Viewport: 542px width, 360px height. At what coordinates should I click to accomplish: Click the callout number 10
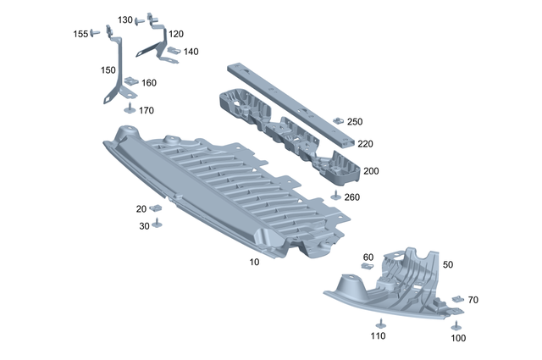[254, 263]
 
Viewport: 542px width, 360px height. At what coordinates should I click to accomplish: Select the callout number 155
[80, 34]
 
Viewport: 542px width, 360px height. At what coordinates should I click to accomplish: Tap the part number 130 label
[125, 19]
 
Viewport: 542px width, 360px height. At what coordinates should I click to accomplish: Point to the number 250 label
[355, 122]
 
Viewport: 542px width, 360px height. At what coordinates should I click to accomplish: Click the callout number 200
[371, 171]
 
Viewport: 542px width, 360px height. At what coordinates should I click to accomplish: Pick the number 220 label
[365, 144]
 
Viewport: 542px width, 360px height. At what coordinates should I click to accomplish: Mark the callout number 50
[448, 264]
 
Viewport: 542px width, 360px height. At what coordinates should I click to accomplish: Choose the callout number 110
[377, 336]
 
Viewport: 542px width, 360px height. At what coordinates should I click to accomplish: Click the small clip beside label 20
[157, 208]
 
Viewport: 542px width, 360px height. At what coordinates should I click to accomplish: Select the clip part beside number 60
[368, 267]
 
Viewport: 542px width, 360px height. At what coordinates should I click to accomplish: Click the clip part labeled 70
[457, 300]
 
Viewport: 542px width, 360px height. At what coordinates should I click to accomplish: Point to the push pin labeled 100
[456, 326]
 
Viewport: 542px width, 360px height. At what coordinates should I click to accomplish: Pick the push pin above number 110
[379, 323]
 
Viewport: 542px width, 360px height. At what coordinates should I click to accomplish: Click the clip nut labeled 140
[173, 51]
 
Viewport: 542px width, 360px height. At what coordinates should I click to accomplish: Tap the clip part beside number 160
[130, 82]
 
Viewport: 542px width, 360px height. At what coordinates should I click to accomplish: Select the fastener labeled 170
[130, 108]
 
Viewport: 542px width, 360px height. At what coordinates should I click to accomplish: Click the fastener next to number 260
[335, 197]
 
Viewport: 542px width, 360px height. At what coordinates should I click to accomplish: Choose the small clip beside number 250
[338, 121]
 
